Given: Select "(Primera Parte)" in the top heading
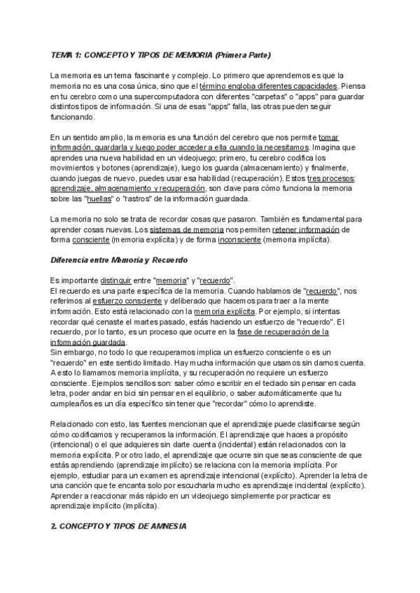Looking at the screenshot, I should [242, 55].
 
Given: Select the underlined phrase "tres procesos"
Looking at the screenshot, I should [333, 178].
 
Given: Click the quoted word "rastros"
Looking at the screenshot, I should [139, 199].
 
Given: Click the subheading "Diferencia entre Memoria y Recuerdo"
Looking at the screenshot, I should [118, 260].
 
